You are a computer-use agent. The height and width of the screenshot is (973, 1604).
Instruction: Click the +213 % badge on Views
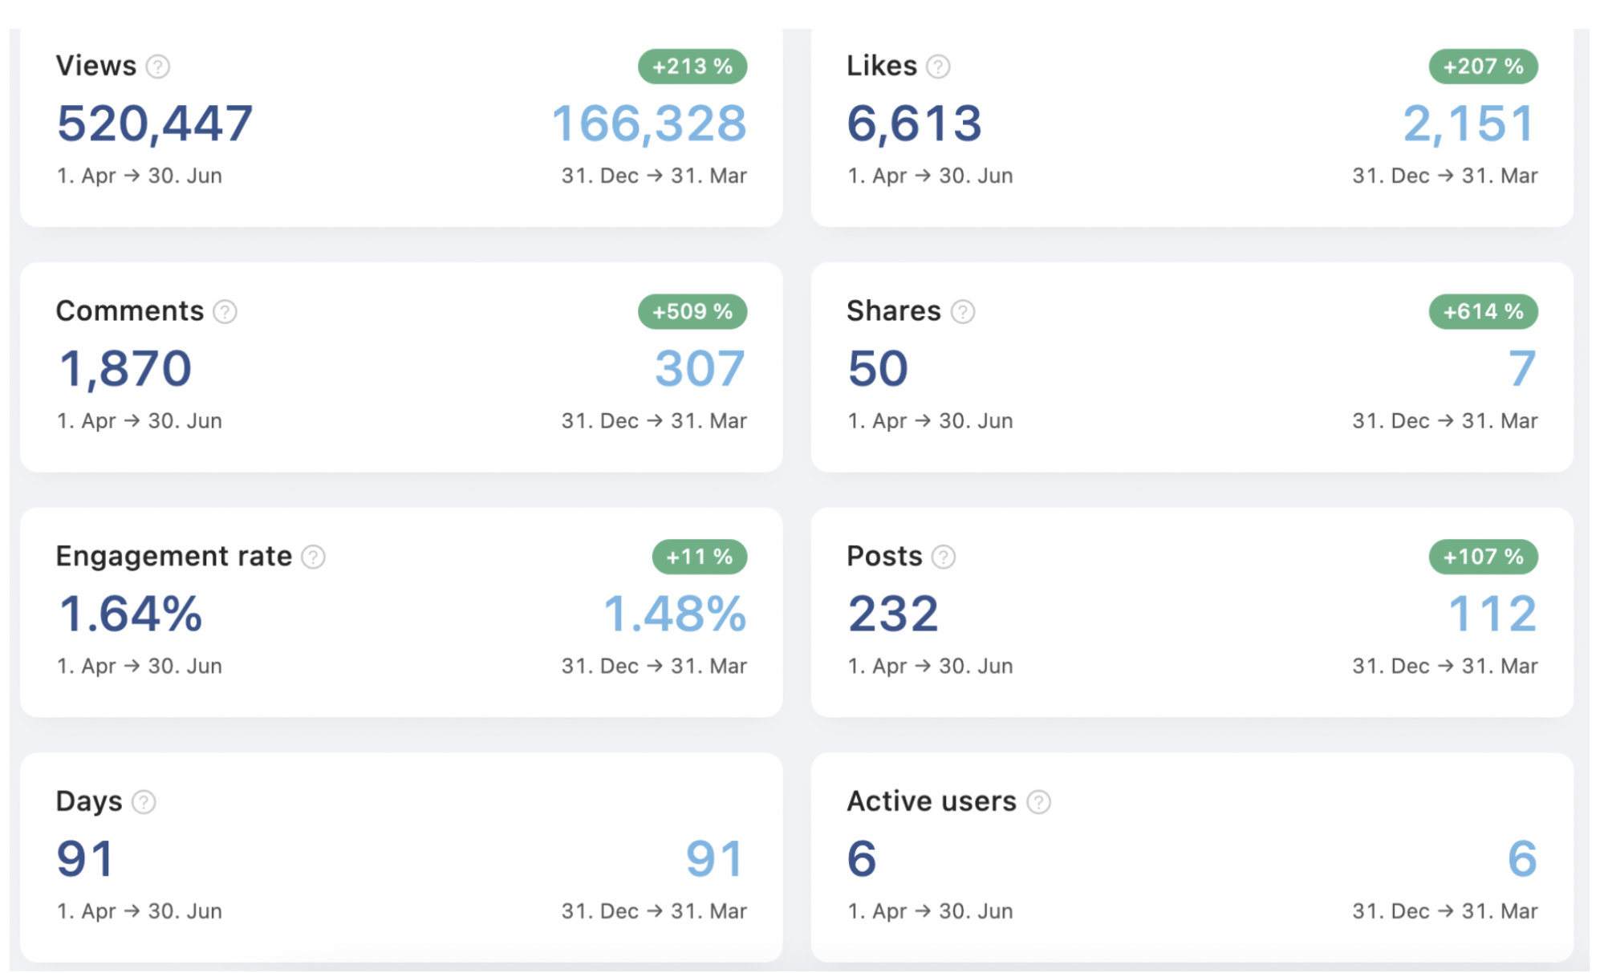click(692, 67)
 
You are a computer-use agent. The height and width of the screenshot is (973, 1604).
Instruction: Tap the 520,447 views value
click(155, 124)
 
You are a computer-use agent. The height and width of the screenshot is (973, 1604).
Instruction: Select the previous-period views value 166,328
click(649, 124)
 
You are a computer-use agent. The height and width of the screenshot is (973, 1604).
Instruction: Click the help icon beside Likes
click(938, 67)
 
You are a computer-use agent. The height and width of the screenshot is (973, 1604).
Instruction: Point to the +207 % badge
click(1483, 67)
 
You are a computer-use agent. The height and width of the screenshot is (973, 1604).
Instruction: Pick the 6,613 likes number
click(914, 124)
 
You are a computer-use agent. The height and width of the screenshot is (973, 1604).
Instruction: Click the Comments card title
click(130, 311)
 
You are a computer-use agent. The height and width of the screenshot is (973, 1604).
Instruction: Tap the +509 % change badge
click(692, 312)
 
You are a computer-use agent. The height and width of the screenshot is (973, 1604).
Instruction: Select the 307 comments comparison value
click(700, 369)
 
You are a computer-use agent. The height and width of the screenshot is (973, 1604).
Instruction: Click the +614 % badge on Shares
click(1483, 312)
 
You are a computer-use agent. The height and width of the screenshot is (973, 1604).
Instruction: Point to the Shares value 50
click(878, 369)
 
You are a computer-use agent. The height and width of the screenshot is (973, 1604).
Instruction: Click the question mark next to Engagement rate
click(313, 557)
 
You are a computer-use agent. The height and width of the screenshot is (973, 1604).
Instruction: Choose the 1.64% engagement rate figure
click(130, 614)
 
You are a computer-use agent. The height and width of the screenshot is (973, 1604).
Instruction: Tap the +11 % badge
click(700, 557)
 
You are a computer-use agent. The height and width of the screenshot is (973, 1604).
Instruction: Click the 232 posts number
click(893, 614)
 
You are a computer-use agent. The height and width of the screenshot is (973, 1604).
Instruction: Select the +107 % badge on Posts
click(1483, 557)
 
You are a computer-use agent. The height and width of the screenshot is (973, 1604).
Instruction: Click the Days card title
click(89, 801)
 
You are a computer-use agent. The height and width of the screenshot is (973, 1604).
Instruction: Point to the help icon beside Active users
click(1038, 801)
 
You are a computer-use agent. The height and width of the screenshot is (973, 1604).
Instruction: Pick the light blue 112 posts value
click(1492, 614)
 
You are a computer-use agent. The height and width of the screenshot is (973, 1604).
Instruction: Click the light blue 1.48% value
click(675, 614)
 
